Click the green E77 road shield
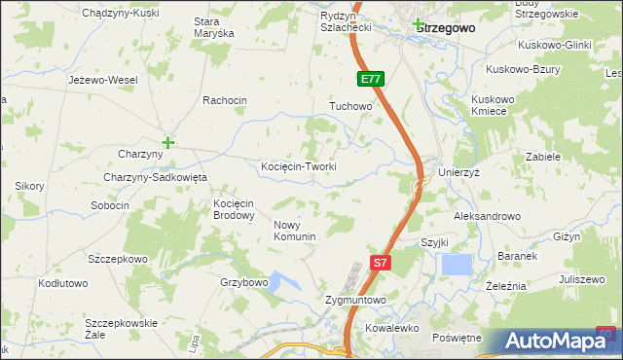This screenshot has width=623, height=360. pos(370,79)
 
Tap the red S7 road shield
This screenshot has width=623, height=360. pos(383,262)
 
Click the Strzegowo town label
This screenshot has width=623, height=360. pos(446,28)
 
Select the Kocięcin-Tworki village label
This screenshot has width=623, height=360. pos(299,166)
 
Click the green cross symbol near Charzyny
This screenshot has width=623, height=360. pos(167,142)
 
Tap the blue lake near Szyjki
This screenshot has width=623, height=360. pos(456,264)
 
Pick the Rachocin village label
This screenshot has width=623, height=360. pos(225,100)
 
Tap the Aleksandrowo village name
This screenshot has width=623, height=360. pos(487,216)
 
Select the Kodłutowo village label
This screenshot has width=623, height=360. pos(63,283)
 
